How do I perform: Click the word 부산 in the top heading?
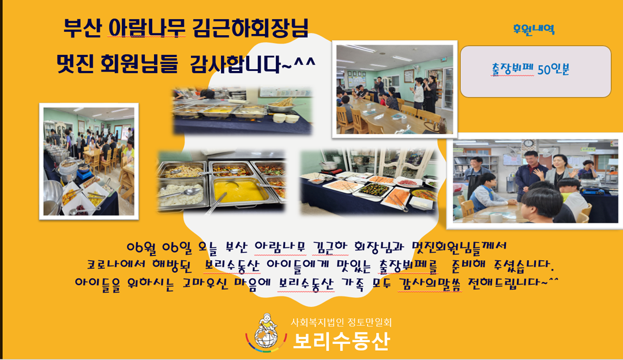point(82,29)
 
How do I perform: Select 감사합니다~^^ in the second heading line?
point(253,64)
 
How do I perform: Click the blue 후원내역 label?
point(534,29)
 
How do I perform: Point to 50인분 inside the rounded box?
point(553,70)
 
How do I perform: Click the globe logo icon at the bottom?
point(265,333)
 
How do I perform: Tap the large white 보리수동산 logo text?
point(341,340)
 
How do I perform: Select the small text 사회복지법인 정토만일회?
point(341,322)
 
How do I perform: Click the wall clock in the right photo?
point(528,143)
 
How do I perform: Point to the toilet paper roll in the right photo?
point(496,217)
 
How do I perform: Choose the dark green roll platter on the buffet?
point(373,190)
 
